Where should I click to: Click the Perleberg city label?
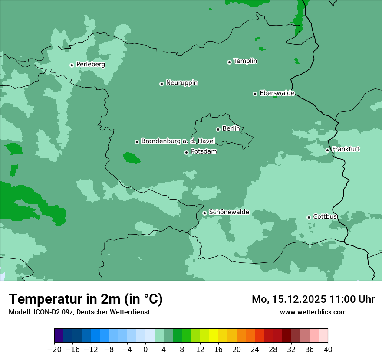[x=90, y=65]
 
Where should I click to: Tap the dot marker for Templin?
[x=229, y=62]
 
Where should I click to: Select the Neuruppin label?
[x=182, y=83]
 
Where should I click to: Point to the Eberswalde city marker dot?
[x=255, y=94]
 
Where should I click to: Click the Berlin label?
[x=231, y=129]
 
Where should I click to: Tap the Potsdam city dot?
[x=186, y=152]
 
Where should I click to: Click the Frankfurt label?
[x=346, y=149]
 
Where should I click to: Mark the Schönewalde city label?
[x=229, y=212]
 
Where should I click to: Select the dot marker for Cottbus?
[x=309, y=217]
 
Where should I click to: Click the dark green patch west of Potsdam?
[x=131, y=157]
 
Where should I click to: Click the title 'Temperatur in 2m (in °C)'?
[x=86, y=299]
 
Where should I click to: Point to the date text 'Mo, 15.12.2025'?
[x=285, y=299]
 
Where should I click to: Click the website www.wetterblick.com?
[x=313, y=312]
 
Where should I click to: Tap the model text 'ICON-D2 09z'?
[x=48, y=312]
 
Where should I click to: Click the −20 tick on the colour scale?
[x=54, y=350]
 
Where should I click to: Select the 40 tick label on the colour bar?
[x=328, y=350]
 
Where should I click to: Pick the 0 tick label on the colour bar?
[x=145, y=350]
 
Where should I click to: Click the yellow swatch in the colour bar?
[x=214, y=335]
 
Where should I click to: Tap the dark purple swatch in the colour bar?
[x=59, y=335]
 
